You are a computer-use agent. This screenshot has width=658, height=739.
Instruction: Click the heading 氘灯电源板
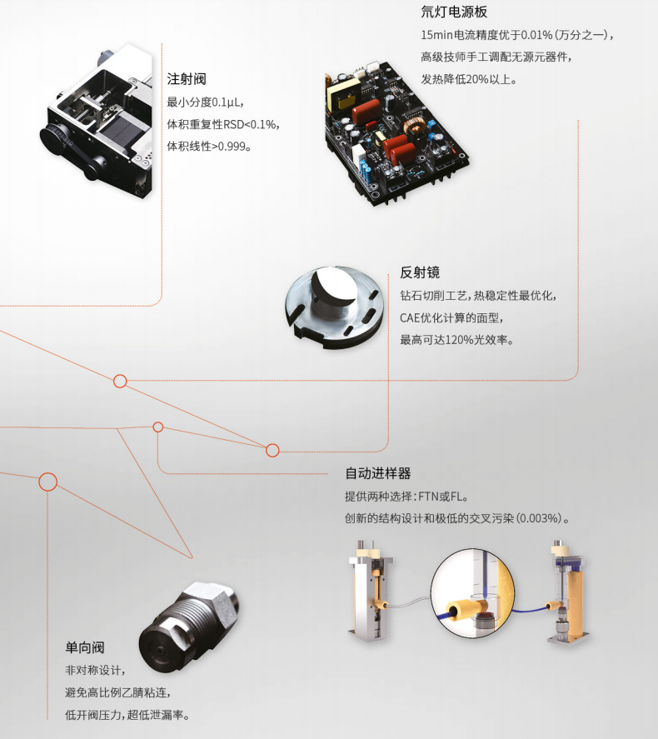click(x=454, y=12)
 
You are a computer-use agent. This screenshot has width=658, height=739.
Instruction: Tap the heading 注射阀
click(x=187, y=79)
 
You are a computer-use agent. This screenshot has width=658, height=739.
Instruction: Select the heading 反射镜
click(x=420, y=272)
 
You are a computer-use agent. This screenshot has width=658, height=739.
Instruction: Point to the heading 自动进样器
click(x=378, y=473)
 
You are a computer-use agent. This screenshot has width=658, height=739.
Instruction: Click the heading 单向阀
click(x=85, y=647)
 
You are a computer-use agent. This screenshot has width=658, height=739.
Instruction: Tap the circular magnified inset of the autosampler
click(x=471, y=592)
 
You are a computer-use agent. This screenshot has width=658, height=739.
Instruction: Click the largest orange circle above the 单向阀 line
click(x=47, y=481)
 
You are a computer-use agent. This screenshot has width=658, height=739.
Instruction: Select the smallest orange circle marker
click(x=158, y=427)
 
